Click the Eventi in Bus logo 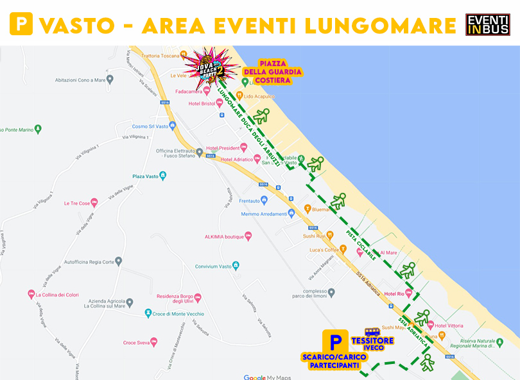coord(487,24)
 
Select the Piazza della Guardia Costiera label coord(272,72)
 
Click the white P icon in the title coord(21,25)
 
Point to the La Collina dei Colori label coord(57,295)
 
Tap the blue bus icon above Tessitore coord(372,332)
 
